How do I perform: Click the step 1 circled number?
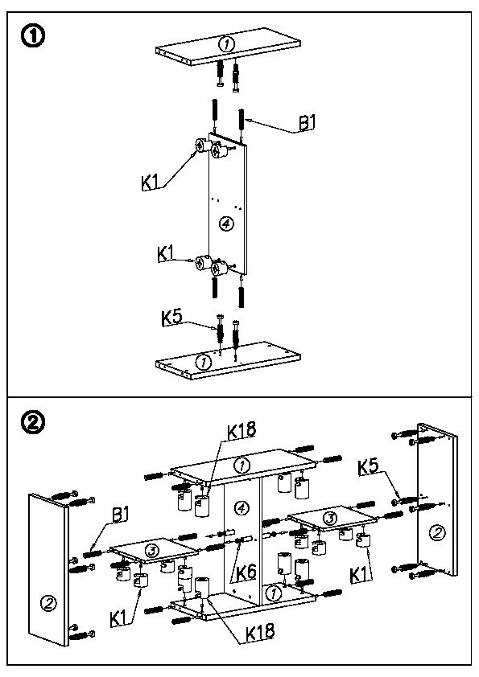coord(33,37)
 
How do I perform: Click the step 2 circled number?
coord(33,423)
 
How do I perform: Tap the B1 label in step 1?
coord(307,123)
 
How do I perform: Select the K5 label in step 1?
coord(171,318)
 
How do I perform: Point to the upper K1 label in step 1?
coord(150,183)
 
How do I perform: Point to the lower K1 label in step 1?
coord(166,254)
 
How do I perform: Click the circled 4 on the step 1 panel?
coord(225,224)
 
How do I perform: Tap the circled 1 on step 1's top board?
coord(226,43)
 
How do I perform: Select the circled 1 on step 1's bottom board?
coord(204,362)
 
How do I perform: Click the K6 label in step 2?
coord(246,572)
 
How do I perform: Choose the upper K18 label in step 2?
coord(242,430)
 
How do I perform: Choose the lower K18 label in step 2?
coord(260,632)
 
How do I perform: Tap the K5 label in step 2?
coord(368,466)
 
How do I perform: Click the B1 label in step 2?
coord(121,515)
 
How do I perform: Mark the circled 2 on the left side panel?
coord(48,603)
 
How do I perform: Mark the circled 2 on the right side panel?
coord(437,533)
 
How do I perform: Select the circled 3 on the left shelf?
coord(151,551)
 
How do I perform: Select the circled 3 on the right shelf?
coord(330,518)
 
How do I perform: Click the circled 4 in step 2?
coord(242,508)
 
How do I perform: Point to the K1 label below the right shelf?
coord(359,575)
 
